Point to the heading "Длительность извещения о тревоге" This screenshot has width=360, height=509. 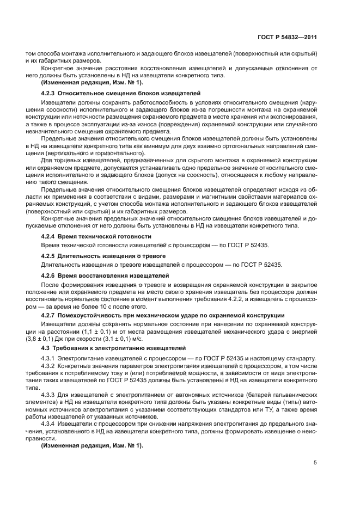point(112,256)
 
